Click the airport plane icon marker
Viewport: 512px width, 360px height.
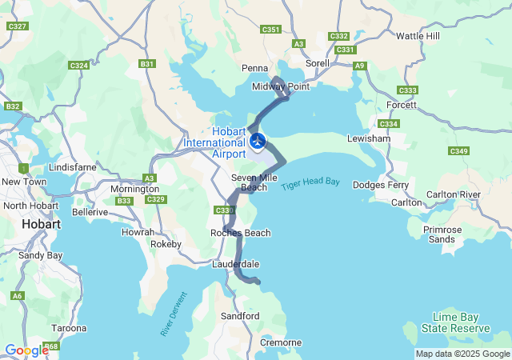(x=258, y=142)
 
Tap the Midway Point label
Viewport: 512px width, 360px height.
(x=274, y=86)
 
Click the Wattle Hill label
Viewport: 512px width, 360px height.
(x=418, y=36)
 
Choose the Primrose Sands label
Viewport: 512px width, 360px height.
(x=442, y=234)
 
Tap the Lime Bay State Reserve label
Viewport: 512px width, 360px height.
(x=460, y=322)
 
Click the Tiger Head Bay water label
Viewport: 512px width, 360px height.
(x=310, y=183)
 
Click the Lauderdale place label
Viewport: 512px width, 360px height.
(x=236, y=263)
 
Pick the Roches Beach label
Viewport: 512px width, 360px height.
(x=241, y=233)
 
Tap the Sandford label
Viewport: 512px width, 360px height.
(x=240, y=316)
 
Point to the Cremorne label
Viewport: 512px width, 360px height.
(x=281, y=342)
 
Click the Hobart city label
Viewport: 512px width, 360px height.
(x=42, y=225)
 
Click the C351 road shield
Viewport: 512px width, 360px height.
(x=271, y=30)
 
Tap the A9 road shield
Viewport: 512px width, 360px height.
(x=360, y=66)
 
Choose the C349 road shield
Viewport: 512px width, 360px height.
(x=458, y=151)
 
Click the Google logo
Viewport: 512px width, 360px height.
(x=26, y=350)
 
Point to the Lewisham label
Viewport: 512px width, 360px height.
(x=369, y=138)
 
